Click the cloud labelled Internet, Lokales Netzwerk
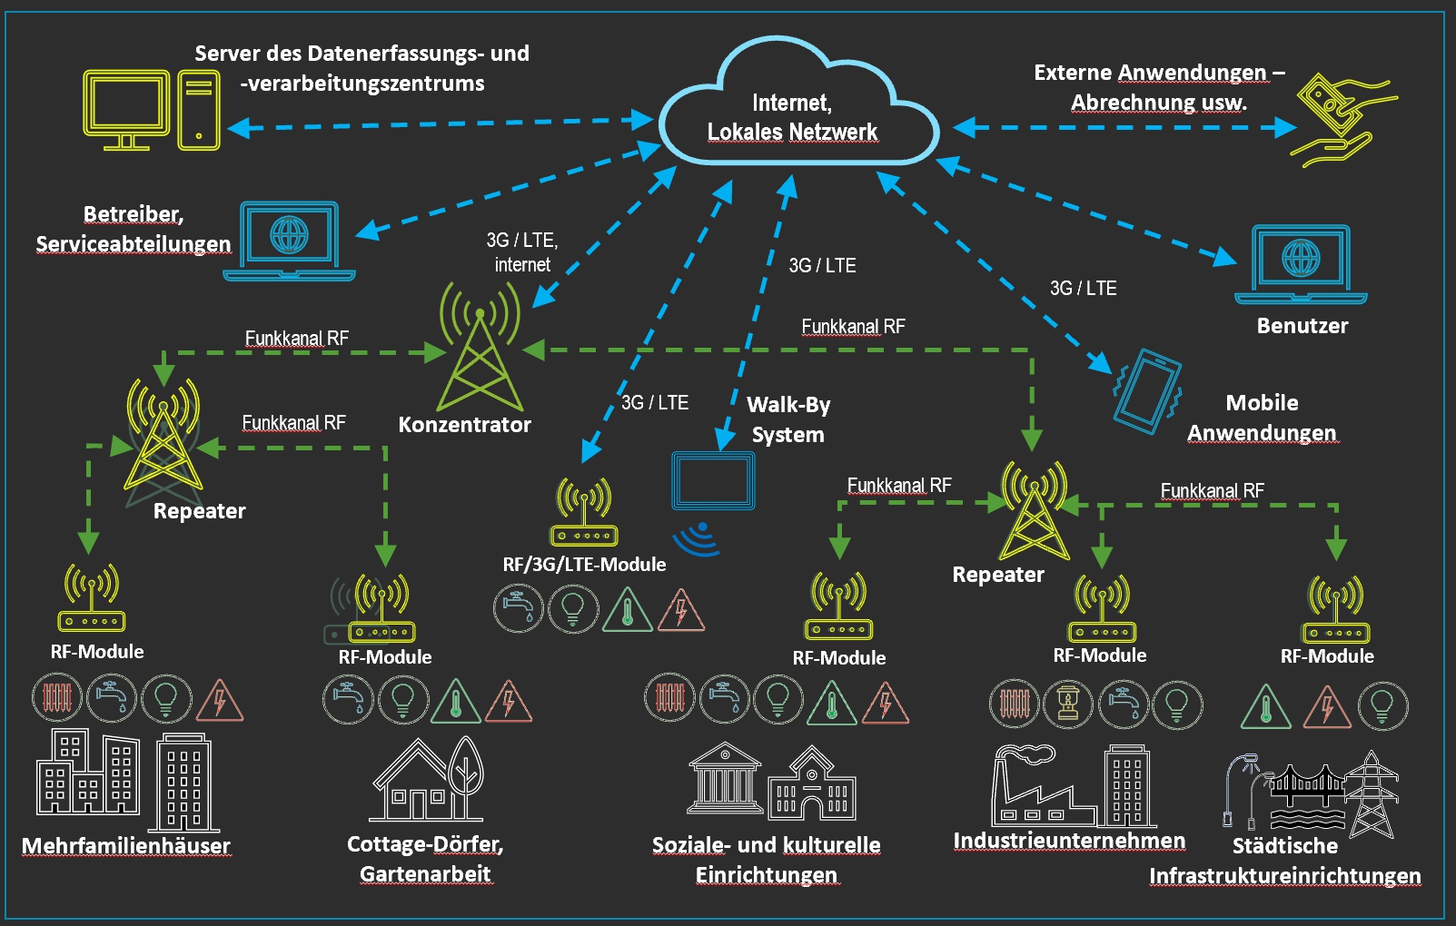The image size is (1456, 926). (797, 109)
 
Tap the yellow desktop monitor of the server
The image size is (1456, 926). (126, 107)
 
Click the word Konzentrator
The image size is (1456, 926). (464, 425)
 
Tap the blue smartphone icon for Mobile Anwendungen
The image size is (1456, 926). (1147, 389)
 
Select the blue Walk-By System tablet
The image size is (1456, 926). (713, 481)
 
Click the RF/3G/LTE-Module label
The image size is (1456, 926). (584, 565)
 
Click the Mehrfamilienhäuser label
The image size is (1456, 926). (125, 846)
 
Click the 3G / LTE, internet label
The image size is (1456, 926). (521, 252)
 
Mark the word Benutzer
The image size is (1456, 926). (1302, 326)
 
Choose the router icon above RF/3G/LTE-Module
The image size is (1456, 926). (584, 513)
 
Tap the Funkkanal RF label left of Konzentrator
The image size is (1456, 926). (296, 339)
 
